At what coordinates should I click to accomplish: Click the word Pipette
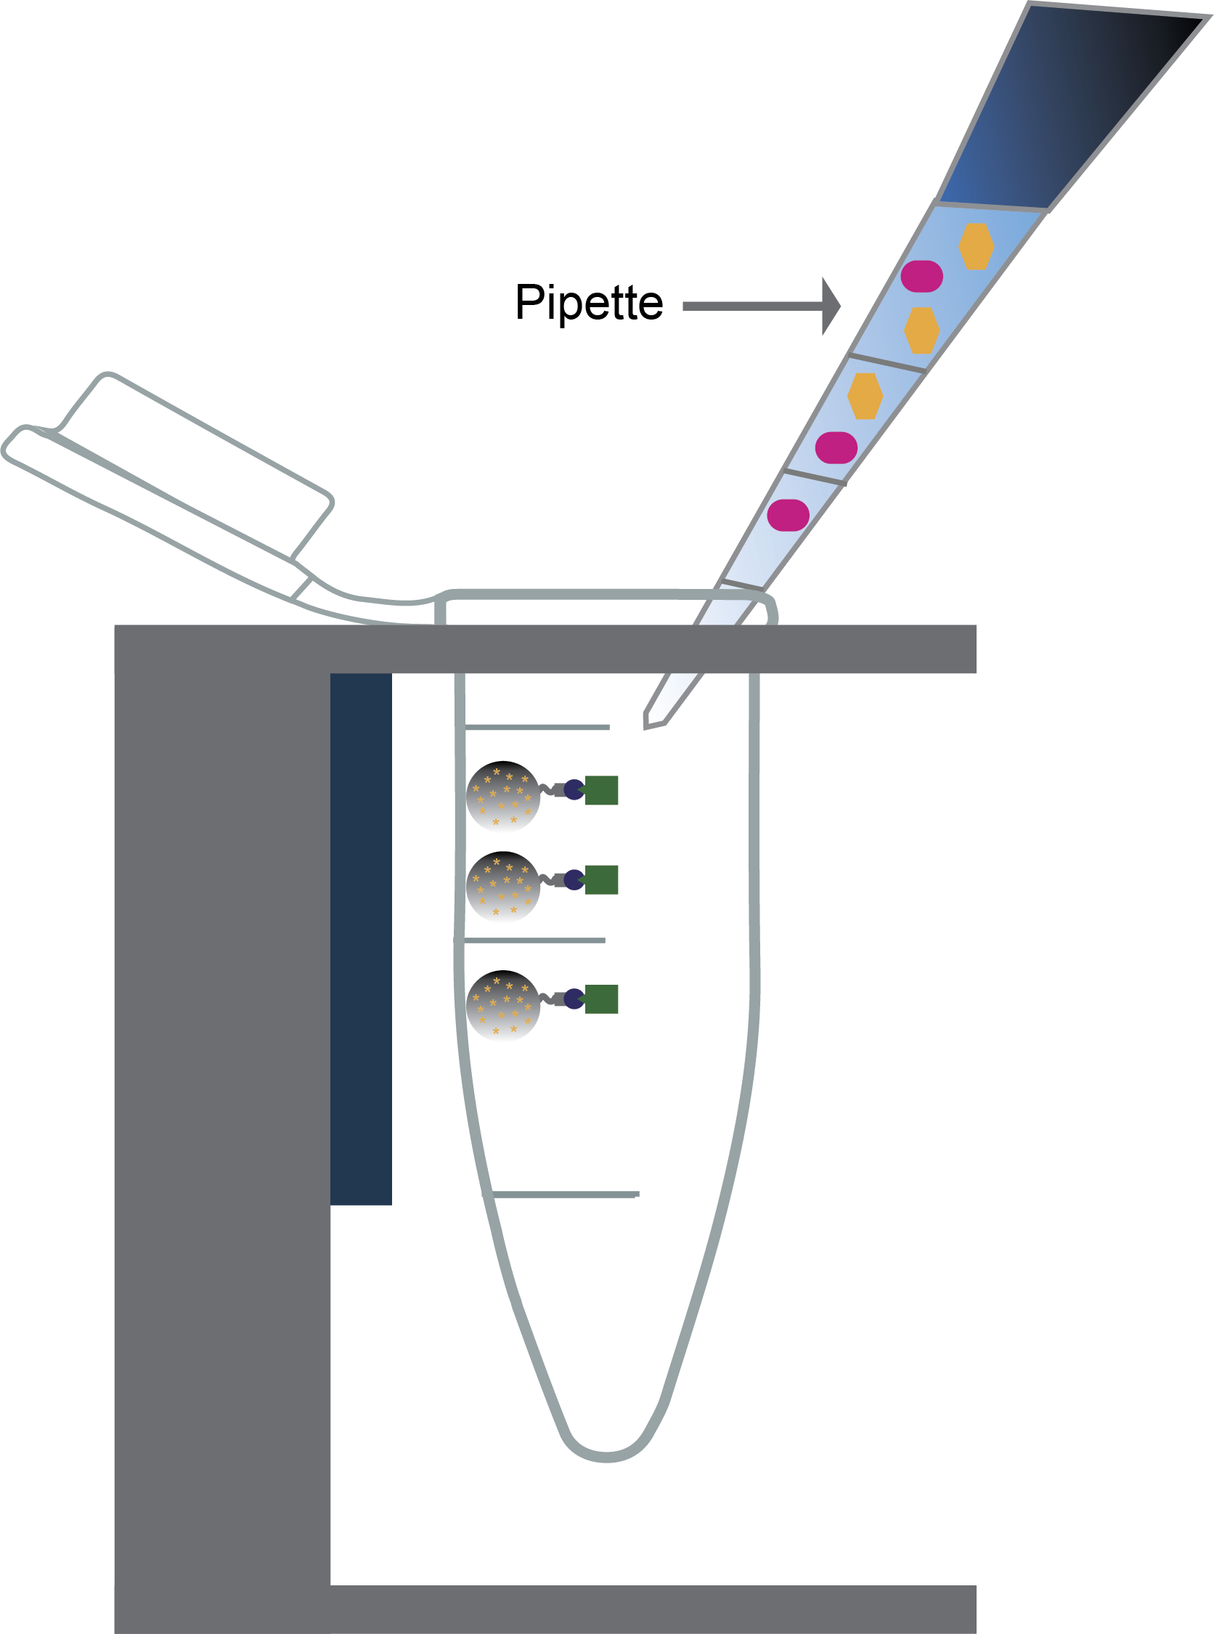pyautogui.click(x=589, y=303)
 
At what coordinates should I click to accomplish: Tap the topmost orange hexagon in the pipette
pyautogui.click(x=976, y=246)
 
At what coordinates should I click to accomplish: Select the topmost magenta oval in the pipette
pyautogui.click(x=921, y=277)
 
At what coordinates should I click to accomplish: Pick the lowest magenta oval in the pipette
pyautogui.click(x=788, y=515)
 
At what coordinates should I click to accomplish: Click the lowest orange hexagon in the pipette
pyautogui.click(x=865, y=397)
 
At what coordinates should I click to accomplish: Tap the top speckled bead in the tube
pyautogui.click(x=502, y=796)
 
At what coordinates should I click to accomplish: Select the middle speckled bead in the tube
pyautogui.click(x=502, y=887)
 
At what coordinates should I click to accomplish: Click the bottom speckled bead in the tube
pyautogui.click(x=502, y=1006)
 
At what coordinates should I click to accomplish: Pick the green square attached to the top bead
pyautogui.click(x=601, y=790)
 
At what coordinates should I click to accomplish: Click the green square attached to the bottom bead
pyautogui.click(x=601, y=999)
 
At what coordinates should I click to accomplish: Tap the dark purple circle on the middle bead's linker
pyautogui.click(x=574, y=880)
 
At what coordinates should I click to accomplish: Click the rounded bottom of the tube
pyautogui.click(x=606, y=1452)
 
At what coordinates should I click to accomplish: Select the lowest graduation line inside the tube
pyautogui.click(x=563, y=1195)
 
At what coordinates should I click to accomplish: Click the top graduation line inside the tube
pyautogui.click(x=537, y=727)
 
